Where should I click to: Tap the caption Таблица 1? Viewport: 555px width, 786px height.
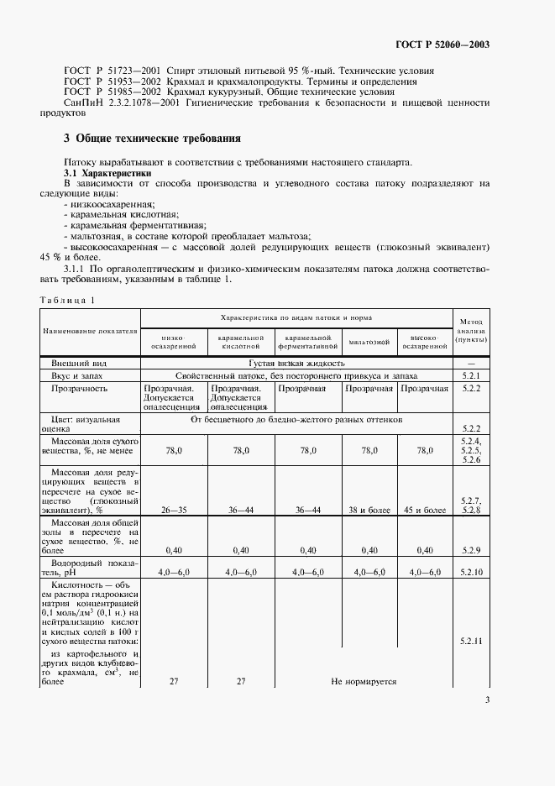coord(67,300)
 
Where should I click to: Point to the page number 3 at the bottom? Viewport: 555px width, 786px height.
coord(487,700)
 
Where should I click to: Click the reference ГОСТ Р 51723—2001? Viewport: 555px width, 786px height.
coord(112,71)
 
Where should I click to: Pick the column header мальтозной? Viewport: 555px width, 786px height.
coord(369,342)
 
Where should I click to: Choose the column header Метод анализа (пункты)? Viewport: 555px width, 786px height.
coord(471,331)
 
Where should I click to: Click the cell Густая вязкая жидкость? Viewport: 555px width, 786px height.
coord(297,363)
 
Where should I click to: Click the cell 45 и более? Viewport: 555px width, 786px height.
coord(423,509)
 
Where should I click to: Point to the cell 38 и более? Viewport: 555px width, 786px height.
coord(369,509)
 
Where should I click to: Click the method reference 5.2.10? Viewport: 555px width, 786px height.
coord(471,572)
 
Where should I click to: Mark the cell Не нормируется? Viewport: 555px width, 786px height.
coord(364,681)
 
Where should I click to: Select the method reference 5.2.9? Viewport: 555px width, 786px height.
coord(471,550)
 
